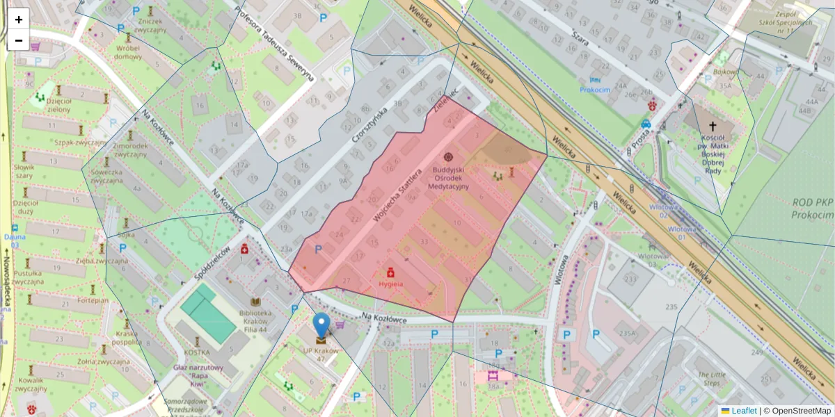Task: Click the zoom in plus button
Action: coord(19,19)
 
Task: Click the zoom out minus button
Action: coord(19,40)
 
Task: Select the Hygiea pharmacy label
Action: coord(390,284)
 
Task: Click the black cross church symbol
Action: coord(712,126)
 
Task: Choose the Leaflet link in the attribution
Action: coord(743,411)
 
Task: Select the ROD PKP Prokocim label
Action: coord(812,208)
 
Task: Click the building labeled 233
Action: coord(630,279)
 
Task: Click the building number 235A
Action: coord(628,334)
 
